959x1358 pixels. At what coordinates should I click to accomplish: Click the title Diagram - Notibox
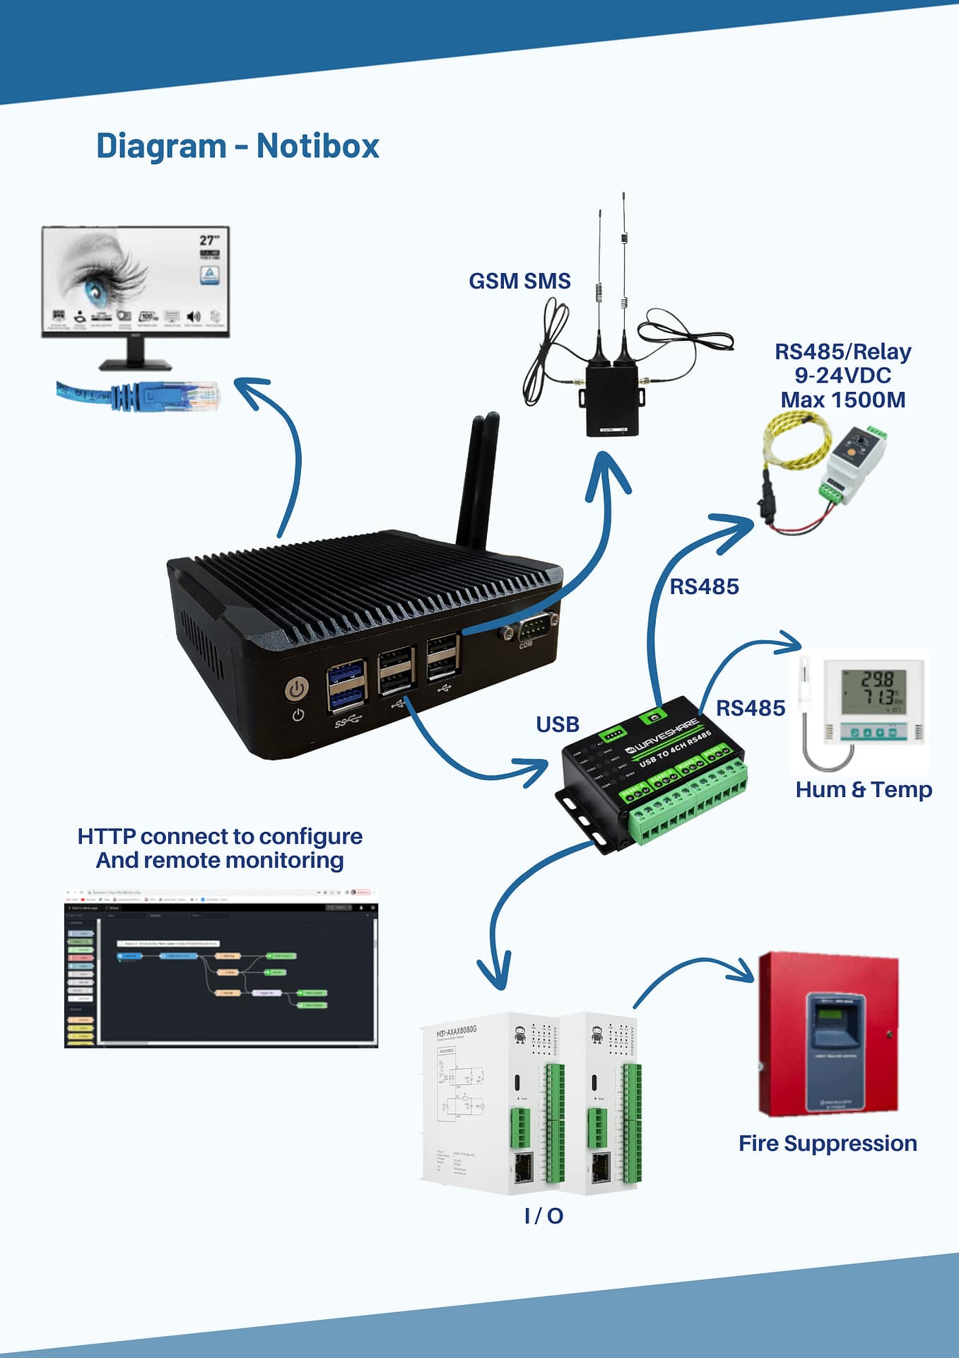[x=237, y=146]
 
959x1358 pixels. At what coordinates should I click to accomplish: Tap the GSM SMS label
[x=519, y=282]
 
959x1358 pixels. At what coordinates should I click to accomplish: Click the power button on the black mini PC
[x=297, y=688]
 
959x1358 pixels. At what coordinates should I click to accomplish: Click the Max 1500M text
[x=842, y=400]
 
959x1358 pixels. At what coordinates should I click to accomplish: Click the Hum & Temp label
[x=863, y=789]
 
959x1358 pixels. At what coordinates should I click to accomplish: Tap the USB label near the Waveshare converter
[x=558, y=724]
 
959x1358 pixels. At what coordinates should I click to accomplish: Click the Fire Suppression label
[x=828, y=1144]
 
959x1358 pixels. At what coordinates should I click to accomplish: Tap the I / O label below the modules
[x=543, y=1216]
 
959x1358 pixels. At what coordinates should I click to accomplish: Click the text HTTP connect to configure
[x=220, y=837]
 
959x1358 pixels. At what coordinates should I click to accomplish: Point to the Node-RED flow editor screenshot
[x=221, y=969]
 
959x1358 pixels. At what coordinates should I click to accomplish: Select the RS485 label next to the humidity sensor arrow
[x=751, y=708]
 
